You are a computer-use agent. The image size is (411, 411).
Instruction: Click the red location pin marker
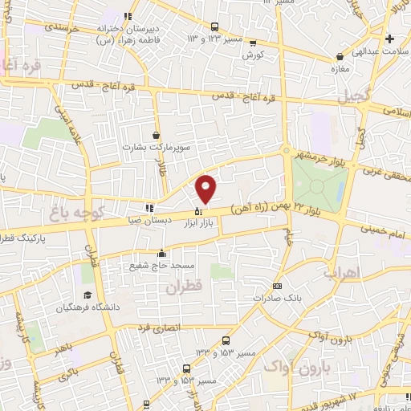[x=206, y=189]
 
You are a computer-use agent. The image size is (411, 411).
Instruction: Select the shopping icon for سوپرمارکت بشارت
[x=156, y=135]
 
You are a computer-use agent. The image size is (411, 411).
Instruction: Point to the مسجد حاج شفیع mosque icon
[x=162, y=252]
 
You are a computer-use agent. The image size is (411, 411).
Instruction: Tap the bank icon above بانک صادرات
[x=277, y=286]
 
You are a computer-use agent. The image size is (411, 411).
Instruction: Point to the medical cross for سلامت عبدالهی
[x=389, y=39]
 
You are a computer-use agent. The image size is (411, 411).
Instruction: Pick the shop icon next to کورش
[x=254, y=44]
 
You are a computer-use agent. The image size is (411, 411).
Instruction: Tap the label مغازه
[x=343, y=69]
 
